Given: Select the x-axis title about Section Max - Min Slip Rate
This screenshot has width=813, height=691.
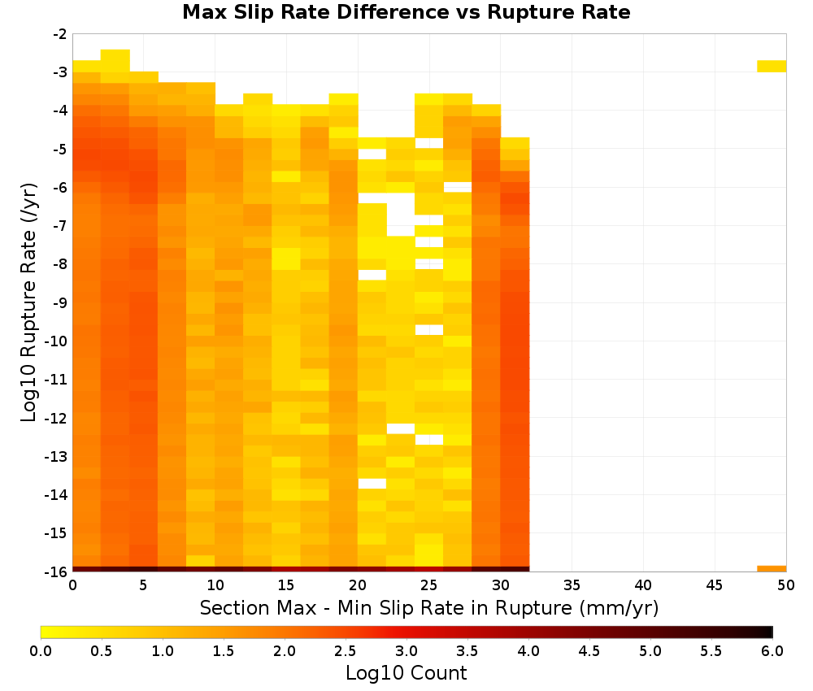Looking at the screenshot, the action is click(x=429, y=608).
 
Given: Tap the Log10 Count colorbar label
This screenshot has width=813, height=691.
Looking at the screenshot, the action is click(x=406, y=673).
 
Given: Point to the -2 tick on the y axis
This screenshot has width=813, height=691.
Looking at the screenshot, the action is click(x=60, y=34).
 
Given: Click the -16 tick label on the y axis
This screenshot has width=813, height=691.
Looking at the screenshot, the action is click(x=57, y=571).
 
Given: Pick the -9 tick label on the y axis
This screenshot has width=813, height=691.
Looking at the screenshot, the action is click(x=60, y=302).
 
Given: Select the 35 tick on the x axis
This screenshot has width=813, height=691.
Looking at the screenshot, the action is click(x=572, y=586).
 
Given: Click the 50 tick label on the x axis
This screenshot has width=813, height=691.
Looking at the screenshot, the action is click(x=786, y=586).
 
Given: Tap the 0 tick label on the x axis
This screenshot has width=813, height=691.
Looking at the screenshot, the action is click(x=72, y=586).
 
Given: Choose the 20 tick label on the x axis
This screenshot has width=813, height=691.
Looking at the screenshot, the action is click(x=358, y=586).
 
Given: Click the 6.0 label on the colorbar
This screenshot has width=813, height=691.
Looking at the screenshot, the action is click(x=772, y=651).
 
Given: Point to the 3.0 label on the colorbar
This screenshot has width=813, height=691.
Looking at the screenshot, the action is click(x=406, y=651).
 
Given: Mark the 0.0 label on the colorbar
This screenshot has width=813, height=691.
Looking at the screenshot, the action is click(x=41, y=651).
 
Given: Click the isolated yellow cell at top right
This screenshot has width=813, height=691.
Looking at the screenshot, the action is click(x=772, y=66).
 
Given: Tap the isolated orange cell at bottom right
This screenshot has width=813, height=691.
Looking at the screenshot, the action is click(x=772, y=569).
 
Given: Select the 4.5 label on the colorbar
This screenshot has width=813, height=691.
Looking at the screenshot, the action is click(x=589, y=651).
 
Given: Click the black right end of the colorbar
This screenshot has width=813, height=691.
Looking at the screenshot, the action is click(x=769, y=632).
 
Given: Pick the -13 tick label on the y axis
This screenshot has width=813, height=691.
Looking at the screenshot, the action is click(x=57, y=457).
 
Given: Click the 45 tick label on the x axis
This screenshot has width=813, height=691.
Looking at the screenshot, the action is click(x=715, y=586).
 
